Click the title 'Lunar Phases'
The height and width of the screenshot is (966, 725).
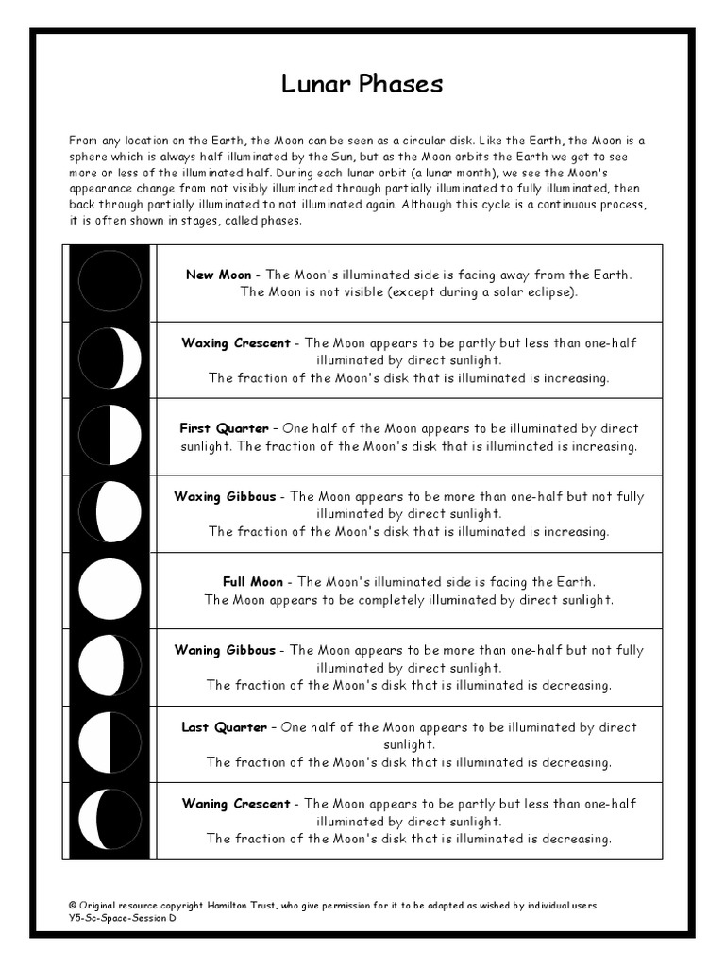pyautogui.click(x=362, y=84)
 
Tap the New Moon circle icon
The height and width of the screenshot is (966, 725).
pyautogui.click(x=110, y=282)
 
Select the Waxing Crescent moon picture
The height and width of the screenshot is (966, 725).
pyautogui.click(x=110, y=358)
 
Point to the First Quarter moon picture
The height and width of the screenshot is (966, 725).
pyautogui.click(x=110, y=435)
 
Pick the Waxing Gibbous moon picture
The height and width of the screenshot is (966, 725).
pyautogui.click(x=110, y=512)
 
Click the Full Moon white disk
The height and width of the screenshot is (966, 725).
pyautogui.click(x=110, y=589)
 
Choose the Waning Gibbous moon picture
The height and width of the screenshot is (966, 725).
pyautogui.click(x=110, y=666)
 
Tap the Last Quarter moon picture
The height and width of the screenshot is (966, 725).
pyautogui.click(x=110, y=742)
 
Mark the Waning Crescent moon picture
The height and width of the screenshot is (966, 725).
pyautogui.click(x=110, y=820)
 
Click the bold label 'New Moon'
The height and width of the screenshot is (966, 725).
pyautogui.click(x=218, y=275)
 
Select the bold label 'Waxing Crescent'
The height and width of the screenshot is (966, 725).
pyautogui.click(x=236, y=342)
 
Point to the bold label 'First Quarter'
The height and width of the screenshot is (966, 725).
pyautogui.click(x=224, y=428)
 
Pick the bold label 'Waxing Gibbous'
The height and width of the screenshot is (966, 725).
pyautogui.click(x=226, y=496)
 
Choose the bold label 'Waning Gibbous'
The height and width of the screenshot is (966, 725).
pyautogui.click(x=226, y=650)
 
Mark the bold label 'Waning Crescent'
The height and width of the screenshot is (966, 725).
pyautogui.click(x=236, y=804)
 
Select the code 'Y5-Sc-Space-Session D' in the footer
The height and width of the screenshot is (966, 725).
pyautogui.click(x=122, y=918)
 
